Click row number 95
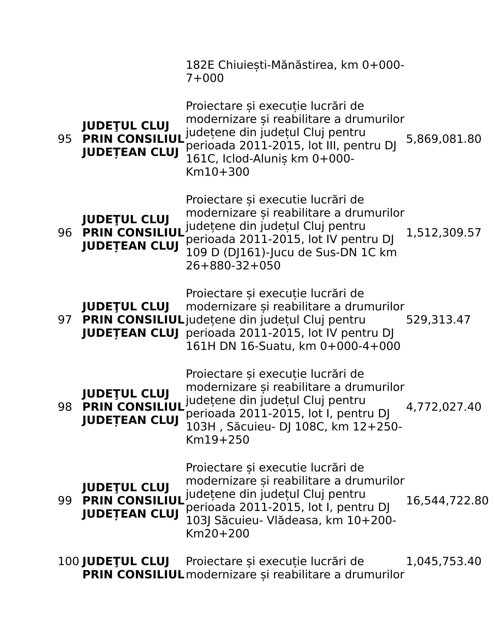(65, 139)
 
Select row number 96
(65, 233)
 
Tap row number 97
(65, 320)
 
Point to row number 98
(65, 407)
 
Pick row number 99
(65, 500)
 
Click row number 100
(68, 561)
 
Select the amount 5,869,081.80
(443, 139)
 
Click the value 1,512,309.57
(443, 233)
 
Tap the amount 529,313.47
(438, 320)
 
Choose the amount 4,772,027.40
(443, 407)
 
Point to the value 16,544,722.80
(447, 500)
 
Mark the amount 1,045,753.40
(443, 561)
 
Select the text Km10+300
(217, 172)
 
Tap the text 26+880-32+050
(233, 266)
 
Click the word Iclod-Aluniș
(265, 159)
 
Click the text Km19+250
(217, 440)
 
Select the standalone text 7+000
(205, 78)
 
